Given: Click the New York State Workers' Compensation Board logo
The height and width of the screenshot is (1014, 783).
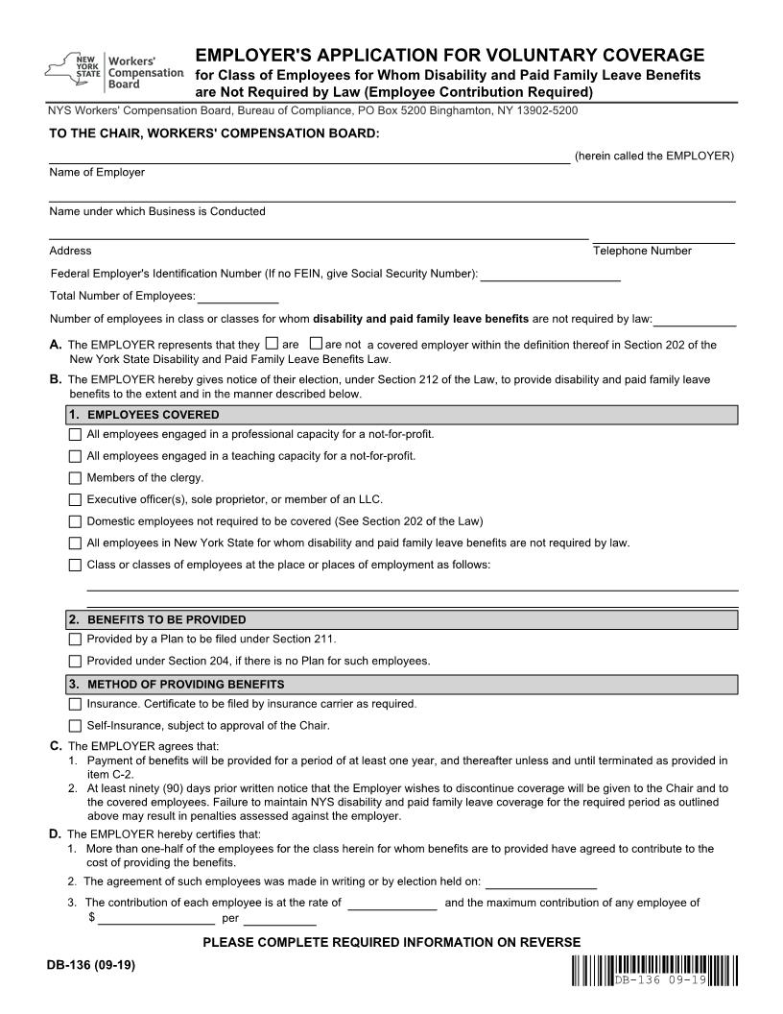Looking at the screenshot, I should tap(113, 71).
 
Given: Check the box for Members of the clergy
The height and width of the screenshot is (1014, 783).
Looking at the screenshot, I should tap(75, 477).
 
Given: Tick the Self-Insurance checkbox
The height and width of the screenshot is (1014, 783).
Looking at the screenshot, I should tap(75, 726).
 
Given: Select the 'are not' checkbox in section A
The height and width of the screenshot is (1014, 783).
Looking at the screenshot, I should tap(317, 344).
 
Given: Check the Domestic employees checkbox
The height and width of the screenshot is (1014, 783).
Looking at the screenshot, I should tap(75, 521).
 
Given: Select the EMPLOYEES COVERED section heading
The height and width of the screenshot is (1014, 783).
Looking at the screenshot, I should tap(153, 415).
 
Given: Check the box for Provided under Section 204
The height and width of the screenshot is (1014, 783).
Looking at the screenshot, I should tap(75, 662).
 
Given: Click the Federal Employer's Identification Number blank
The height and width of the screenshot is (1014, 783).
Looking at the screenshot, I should tap(550, 278).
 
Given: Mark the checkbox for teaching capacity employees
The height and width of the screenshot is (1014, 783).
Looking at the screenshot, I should tap(75, 456).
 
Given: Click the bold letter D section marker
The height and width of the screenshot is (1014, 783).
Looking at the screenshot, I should tap(55, 833).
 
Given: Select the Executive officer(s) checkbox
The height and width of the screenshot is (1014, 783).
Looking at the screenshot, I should tap(75, 499).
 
